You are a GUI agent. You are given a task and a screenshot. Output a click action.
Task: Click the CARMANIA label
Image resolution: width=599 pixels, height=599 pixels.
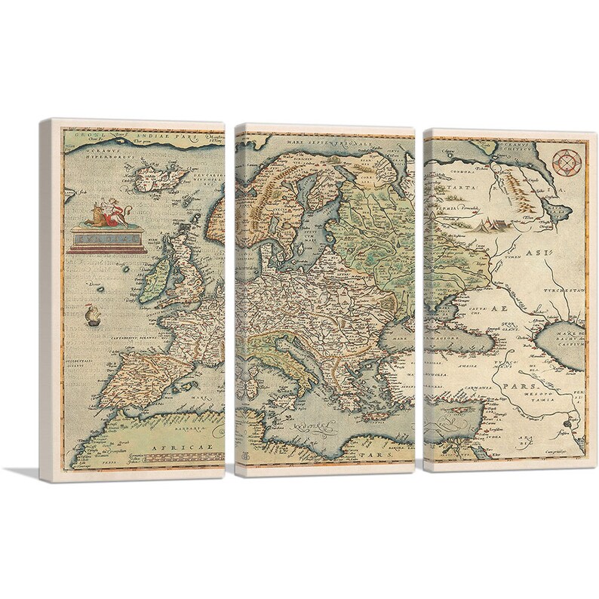click(501, 388)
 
